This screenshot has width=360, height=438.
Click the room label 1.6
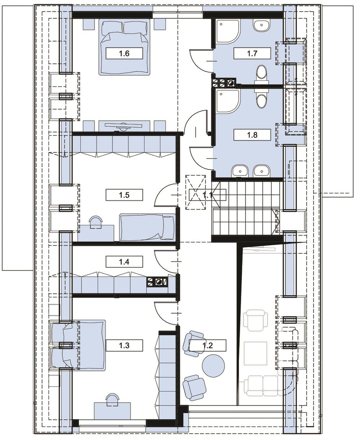124,53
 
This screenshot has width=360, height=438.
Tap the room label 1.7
252,53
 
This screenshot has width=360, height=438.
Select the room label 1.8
252,135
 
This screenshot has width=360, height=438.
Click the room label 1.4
124,262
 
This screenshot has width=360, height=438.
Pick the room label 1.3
124,345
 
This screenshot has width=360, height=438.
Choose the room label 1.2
208,345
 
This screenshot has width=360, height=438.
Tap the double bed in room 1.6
124,47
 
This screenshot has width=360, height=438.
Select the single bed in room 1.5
148,227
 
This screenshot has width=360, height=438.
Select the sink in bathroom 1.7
262,25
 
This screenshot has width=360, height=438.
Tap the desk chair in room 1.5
96,221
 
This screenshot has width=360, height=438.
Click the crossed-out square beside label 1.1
195,193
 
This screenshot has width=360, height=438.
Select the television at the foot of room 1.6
124,126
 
